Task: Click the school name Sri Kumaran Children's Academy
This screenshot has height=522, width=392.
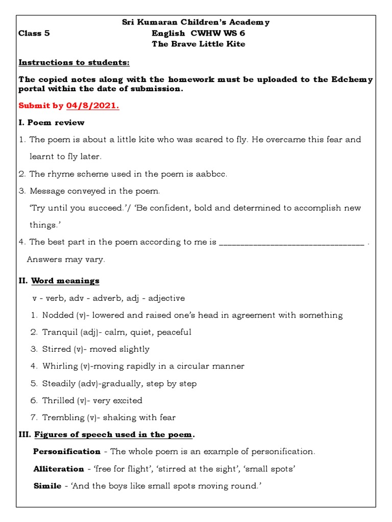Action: (195, 22)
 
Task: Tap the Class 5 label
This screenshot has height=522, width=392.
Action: (34, 33)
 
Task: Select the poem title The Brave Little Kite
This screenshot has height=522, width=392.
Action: (199, 44)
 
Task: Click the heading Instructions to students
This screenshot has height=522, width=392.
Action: (74, 63)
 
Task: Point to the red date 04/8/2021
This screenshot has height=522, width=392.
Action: (92, 106)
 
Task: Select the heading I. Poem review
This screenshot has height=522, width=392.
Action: (52, 122)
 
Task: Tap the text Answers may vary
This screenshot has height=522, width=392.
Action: (66, 259)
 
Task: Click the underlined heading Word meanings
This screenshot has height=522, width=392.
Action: (65, 281)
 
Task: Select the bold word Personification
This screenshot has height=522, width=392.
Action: (67, 452)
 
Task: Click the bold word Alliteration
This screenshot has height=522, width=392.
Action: (59, 469)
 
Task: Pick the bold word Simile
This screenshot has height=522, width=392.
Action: (46, 486)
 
